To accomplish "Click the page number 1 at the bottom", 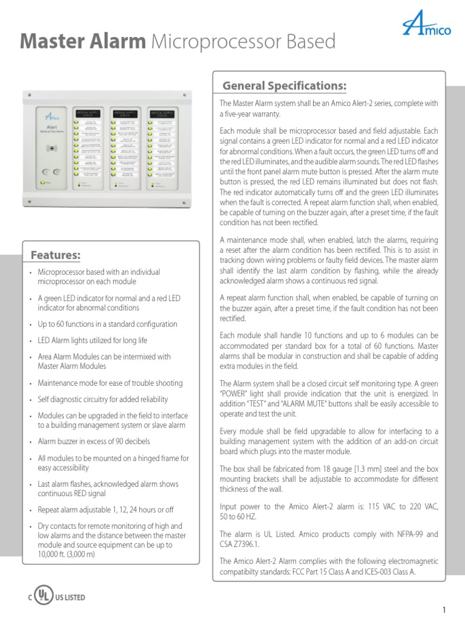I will point(444,609).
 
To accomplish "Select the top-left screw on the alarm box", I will point(27,94).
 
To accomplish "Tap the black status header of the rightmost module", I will point(163,113).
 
